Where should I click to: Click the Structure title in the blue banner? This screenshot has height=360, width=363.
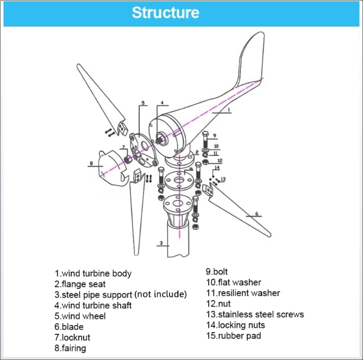(x=165, y=12)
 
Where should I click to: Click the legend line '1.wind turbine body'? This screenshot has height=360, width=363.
(x=93, y=273)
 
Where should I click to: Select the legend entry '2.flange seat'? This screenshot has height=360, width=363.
(x=80, y=284)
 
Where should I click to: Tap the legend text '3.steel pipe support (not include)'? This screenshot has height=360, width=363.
(x=120, y=295)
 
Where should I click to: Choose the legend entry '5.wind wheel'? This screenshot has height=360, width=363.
(x=80, y=316)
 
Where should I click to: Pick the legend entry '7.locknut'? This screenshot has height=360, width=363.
(x=72, y=337)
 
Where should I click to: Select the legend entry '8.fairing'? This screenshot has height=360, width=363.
(x=70, y=348)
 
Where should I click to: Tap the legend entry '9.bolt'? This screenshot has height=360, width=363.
(x=216, y=272)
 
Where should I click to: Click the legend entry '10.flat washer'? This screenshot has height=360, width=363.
(x=233, y=282)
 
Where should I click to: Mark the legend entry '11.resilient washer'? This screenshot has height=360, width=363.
(x=243, y=293)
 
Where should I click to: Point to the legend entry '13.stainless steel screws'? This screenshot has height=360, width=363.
(x=254, y=314)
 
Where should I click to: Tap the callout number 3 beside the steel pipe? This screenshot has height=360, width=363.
(x=160, y=243)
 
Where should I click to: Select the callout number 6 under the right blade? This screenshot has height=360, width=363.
(x=256, y=214)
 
